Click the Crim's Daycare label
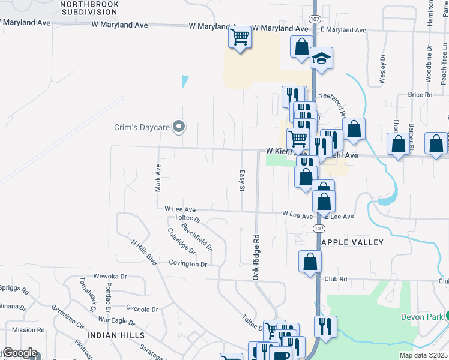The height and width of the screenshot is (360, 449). point(142,127)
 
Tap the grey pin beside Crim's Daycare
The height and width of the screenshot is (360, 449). point(178,127)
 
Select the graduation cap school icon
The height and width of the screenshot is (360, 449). point(321,59)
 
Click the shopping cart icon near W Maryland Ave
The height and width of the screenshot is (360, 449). point(240,38)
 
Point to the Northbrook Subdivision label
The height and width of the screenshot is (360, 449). point(90,8)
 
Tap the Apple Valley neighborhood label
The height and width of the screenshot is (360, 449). point(352,242)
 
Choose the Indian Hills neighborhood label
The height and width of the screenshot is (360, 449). point(116,335)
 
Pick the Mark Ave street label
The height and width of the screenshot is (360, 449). point(158,178)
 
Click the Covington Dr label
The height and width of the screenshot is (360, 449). point(188,264)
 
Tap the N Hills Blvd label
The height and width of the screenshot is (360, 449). point(144,252)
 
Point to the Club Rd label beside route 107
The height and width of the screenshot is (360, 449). point(336,279)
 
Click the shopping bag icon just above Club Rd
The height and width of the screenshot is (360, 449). point(310,261)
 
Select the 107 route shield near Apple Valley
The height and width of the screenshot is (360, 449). point(319,229)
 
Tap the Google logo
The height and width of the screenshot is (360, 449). point(20,353)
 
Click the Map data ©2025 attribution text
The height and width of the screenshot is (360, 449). point(423,355)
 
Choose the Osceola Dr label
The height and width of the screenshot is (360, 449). point(142,310)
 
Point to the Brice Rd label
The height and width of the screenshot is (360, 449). point(420,95)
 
